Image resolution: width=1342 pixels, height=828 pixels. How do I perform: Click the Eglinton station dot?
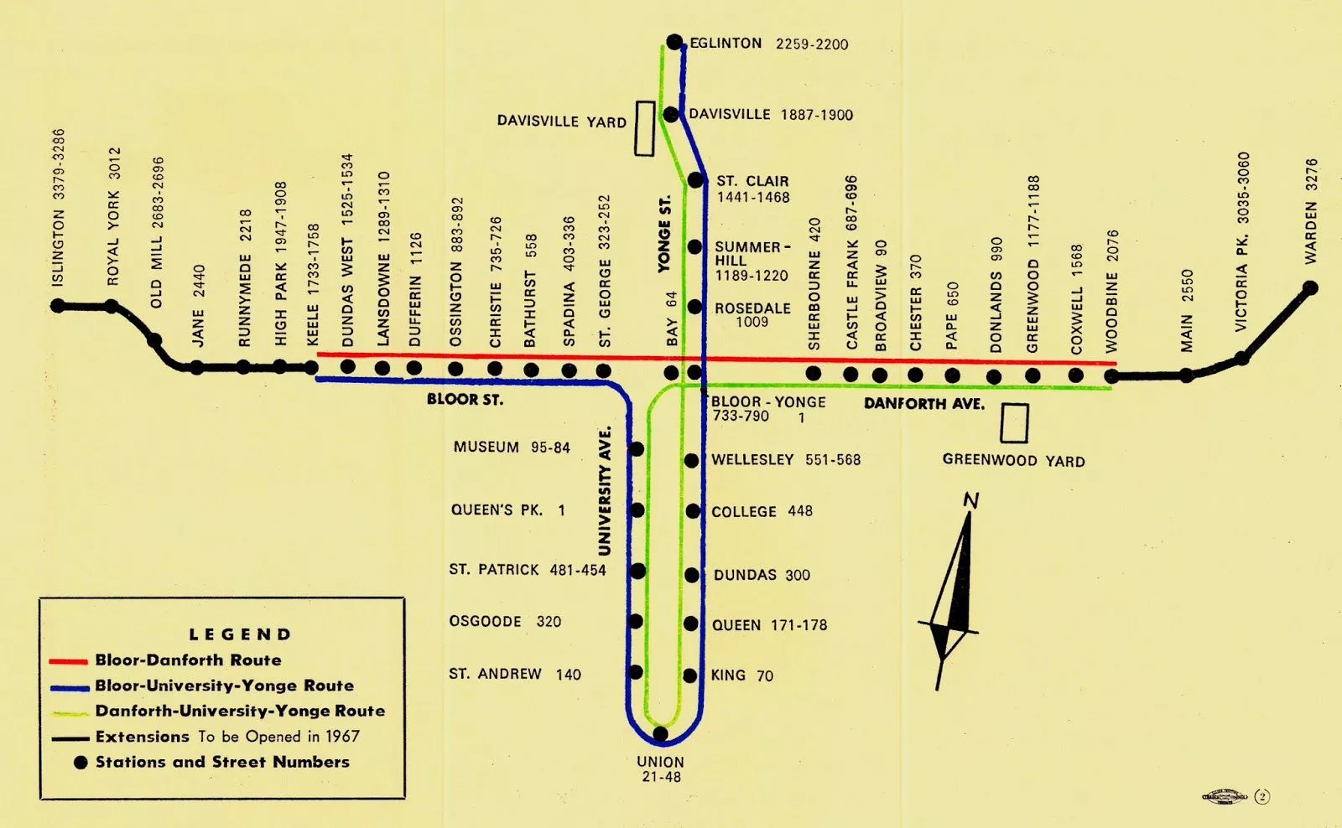point(674,42)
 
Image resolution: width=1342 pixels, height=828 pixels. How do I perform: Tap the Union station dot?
point(660,734)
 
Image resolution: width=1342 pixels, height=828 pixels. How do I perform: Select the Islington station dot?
point(58,306)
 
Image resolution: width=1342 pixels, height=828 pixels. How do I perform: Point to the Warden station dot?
point(1310,288)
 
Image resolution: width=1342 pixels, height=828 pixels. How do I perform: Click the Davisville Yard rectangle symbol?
point(644,128)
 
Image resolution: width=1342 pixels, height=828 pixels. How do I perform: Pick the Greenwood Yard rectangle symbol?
point(1014,423)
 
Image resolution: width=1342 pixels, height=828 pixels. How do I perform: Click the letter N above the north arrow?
point(971,501)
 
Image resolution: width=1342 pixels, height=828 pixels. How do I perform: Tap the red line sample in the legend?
point(69,661)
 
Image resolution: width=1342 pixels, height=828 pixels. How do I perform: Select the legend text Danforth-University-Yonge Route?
point(240,711)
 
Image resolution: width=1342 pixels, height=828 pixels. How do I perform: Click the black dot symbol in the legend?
point(81,763)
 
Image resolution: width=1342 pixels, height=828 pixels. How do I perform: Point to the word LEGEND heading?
point(240,634)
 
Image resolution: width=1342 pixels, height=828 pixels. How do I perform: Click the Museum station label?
point(486,448)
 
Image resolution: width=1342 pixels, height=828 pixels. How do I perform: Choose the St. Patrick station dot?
point(637,571)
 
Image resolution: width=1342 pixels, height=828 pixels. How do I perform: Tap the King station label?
point(728,675)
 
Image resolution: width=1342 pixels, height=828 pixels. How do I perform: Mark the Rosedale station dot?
point(694,307)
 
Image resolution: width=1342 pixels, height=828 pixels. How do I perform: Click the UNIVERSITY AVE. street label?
point(605,491)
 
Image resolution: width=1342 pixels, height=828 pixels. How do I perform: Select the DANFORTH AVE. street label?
point(923,404)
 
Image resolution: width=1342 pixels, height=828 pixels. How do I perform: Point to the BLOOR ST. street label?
point(465,400)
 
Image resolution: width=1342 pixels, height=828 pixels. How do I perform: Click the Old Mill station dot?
point(154,340)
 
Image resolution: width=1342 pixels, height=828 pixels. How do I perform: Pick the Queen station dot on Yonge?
point(691,624)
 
